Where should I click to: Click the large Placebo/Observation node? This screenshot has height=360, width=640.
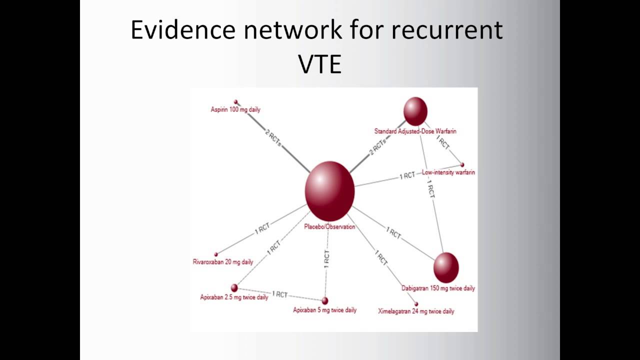coord(329,191)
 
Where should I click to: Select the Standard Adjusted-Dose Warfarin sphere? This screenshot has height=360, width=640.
coord(415,111)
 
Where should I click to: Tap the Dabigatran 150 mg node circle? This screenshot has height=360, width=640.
coord(445,267)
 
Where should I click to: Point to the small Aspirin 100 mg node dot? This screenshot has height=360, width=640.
coord(236,102)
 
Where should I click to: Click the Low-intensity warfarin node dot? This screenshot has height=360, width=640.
coord(462,164)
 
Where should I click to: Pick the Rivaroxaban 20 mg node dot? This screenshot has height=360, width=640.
coord(216,254)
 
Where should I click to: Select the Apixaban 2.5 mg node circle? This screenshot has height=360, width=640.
coord(234,287)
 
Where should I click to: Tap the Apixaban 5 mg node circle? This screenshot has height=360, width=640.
coord(325,300)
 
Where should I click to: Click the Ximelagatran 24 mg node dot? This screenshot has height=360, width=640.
coord(416,303)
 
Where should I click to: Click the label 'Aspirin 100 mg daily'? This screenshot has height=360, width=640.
coord(235,109)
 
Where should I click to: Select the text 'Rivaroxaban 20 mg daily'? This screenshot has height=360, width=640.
coord(223,262)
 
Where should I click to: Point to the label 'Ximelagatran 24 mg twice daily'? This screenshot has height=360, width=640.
coord(416,311)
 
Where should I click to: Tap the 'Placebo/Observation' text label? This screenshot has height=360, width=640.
coord(329,227)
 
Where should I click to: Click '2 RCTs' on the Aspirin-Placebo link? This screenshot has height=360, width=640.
coord(273,138)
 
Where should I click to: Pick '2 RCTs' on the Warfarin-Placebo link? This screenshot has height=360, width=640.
coord(378,148)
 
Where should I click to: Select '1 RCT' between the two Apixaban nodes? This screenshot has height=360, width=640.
coord(279,294)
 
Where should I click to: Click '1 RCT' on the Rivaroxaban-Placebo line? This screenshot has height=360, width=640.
coord(262,228)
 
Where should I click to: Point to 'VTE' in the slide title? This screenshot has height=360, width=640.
coord(319,64)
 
